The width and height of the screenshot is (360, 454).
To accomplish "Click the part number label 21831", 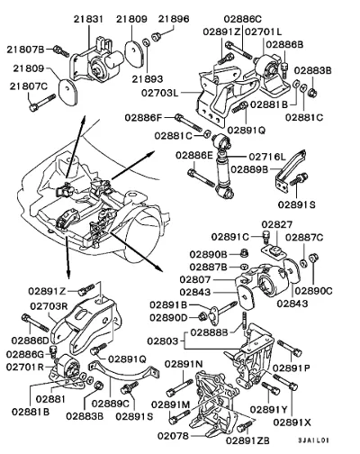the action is [88, 19].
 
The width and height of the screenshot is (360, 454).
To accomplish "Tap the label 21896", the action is [174, 19].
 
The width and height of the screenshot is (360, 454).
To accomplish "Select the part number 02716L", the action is [267, 157].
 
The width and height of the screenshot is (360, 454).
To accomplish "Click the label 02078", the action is [173, 436].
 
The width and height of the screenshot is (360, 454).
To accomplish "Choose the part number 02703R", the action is [49, 306].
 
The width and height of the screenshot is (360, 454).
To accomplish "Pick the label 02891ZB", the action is [247, 440].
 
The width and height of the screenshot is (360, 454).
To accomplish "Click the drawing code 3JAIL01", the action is [313, 440].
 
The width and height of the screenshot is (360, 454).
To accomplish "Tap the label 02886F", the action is [143, 118].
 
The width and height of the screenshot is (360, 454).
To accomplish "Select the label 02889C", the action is [111, 404].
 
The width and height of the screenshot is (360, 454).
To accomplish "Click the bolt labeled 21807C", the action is [42, 103].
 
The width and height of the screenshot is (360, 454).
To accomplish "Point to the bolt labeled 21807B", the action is [61, 50].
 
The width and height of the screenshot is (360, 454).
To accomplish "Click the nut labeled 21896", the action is [157, 37].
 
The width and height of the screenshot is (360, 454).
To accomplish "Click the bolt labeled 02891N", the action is [179, 387].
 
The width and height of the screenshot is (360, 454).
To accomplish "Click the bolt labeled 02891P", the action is [289, 348].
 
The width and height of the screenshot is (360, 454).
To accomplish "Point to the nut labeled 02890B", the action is [244, 253].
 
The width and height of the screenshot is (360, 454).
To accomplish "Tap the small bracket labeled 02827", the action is [273, 250].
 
